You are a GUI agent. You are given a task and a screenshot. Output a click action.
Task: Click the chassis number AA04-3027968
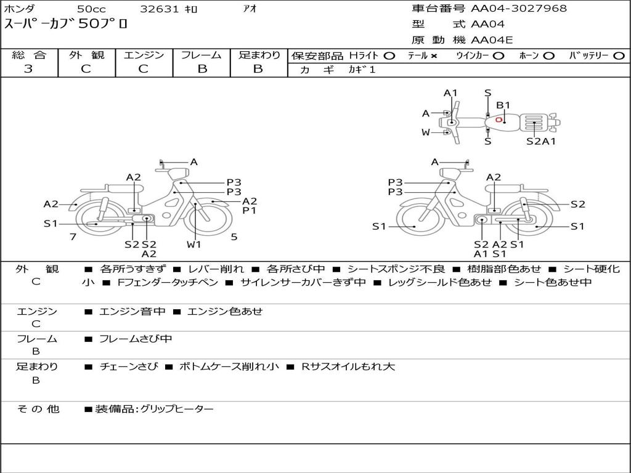519,8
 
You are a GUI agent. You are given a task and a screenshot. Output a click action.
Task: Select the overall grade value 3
28,68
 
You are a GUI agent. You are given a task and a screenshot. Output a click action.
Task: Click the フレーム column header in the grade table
202,55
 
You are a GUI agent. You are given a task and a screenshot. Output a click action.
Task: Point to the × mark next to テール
433,56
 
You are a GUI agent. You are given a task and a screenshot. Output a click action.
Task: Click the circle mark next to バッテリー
619,56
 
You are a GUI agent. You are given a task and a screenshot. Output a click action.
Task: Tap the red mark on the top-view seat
499,119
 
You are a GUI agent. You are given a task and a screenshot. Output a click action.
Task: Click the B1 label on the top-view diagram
503,105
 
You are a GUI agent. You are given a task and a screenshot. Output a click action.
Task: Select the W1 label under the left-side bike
193,244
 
